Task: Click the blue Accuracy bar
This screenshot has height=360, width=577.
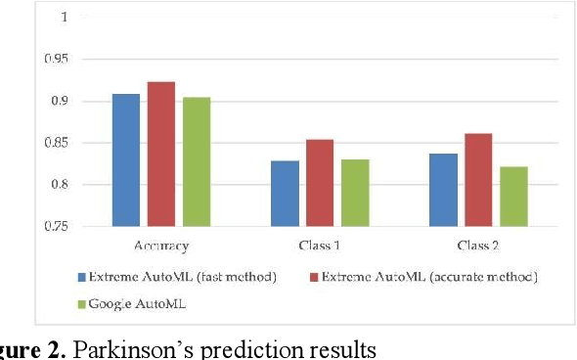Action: [125, 159]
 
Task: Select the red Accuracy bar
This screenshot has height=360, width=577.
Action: [160, 154]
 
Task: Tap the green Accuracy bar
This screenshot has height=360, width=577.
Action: [196, 161]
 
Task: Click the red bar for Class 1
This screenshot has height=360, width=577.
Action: [320, 183]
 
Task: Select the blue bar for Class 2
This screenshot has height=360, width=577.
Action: [443, 190]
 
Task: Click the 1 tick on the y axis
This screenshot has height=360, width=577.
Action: [65, 18]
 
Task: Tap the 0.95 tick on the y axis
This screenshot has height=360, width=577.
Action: [57, 60]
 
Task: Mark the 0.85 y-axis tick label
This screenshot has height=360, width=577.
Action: [57, 143]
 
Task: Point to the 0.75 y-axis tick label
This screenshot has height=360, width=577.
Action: [57, 226]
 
